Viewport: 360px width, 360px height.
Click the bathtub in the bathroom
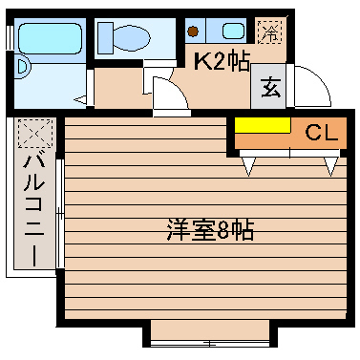50,39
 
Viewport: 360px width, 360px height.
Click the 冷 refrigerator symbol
272,32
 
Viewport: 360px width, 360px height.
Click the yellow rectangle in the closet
263,126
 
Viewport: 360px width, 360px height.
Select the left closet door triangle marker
250,166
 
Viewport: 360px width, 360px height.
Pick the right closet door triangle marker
330,166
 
